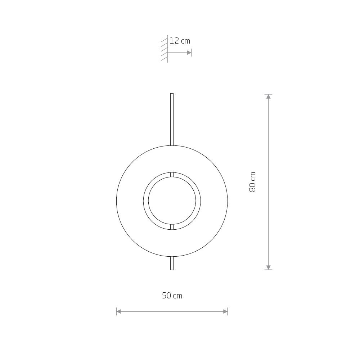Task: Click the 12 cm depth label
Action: (180, 41)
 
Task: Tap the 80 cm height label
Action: (252, 182)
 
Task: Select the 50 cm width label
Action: (172, 296)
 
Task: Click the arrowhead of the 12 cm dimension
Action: (189, 53)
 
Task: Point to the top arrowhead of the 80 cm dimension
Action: (269, 96)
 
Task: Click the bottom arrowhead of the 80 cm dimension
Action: (269, 267)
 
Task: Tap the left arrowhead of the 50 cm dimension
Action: (119, 311)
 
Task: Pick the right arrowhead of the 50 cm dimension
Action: (225, 311)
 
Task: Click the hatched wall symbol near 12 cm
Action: (165, 49)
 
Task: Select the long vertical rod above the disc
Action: (172, 120)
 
